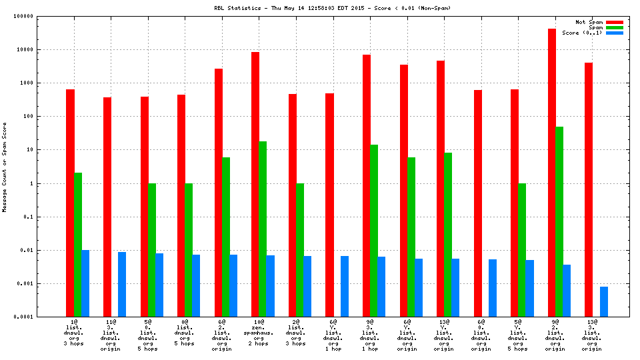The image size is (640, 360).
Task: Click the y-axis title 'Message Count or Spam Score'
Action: click(5, 167)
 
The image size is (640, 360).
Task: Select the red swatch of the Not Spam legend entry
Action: click(614, 22)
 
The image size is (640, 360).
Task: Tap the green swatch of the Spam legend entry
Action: click(614, 27)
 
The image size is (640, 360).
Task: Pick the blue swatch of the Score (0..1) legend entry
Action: click(614, 33)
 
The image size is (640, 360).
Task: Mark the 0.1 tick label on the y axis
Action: click(47, 217)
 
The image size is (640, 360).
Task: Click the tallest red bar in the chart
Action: click(552, 173)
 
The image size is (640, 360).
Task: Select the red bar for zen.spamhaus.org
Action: click(255, 184)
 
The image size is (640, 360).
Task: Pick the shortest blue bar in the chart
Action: click(603, 301)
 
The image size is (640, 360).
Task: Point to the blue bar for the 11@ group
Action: click(122, 284)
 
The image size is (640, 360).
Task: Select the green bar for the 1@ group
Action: click(78, 245)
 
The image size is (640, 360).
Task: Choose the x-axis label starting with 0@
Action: click(185, 335)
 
